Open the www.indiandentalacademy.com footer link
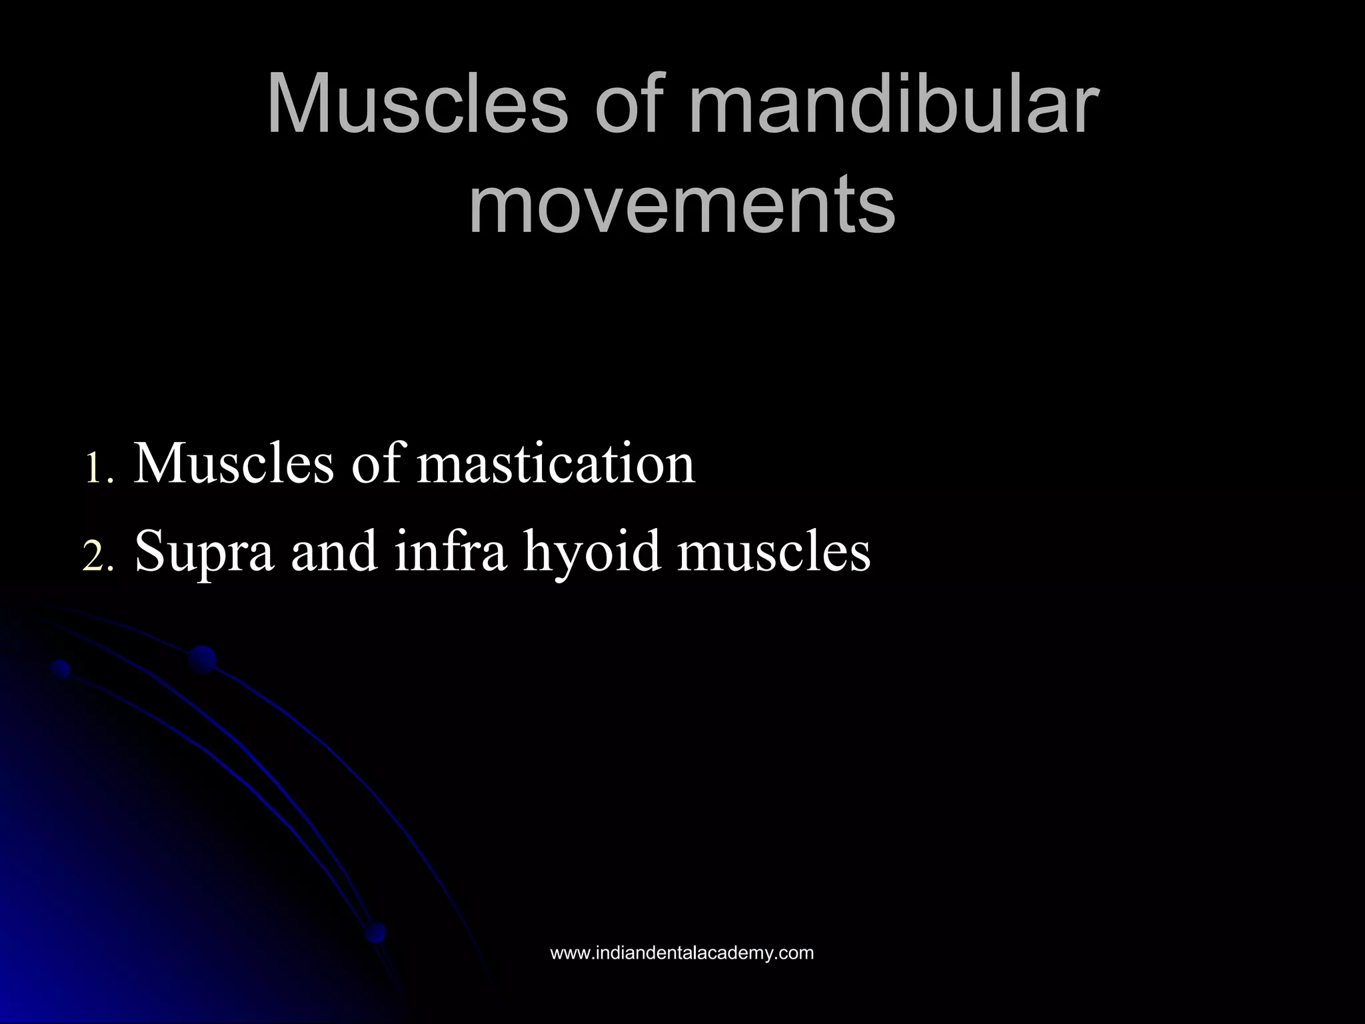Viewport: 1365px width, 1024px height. coord(682,953)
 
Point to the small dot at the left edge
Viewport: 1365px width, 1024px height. coord(61,669)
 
